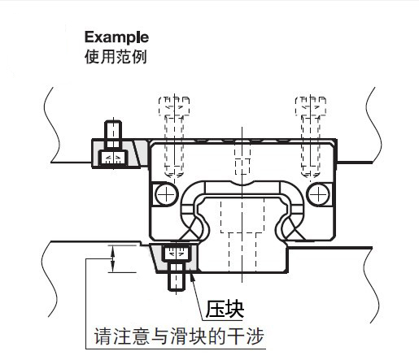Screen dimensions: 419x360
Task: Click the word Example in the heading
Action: [x=116, y=37]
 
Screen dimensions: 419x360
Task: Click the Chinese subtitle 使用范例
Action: [x=116, y=57]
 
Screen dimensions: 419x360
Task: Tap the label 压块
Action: [x=225, y=309]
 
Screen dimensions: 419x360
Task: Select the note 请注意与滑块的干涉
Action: [x=179, y=336]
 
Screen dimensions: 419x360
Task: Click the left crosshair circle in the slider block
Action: [x=166, y=194]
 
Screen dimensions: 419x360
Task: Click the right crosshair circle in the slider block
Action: [x=318, y=194]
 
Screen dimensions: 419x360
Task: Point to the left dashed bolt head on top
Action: [x=174, y=106]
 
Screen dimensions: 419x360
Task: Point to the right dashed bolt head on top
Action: [x=311, y=106]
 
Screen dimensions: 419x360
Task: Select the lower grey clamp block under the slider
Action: [x=173, y=258]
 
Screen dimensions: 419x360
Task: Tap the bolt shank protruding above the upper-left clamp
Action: [x=113, y=135]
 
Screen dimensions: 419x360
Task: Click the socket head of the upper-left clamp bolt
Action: [x=113, y=158]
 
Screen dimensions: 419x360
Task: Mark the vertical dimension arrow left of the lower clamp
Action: [x=113, y=258]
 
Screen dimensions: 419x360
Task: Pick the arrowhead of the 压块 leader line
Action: [x=192, y=276]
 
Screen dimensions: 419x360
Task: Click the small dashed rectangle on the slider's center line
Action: [x=242, y=167]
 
